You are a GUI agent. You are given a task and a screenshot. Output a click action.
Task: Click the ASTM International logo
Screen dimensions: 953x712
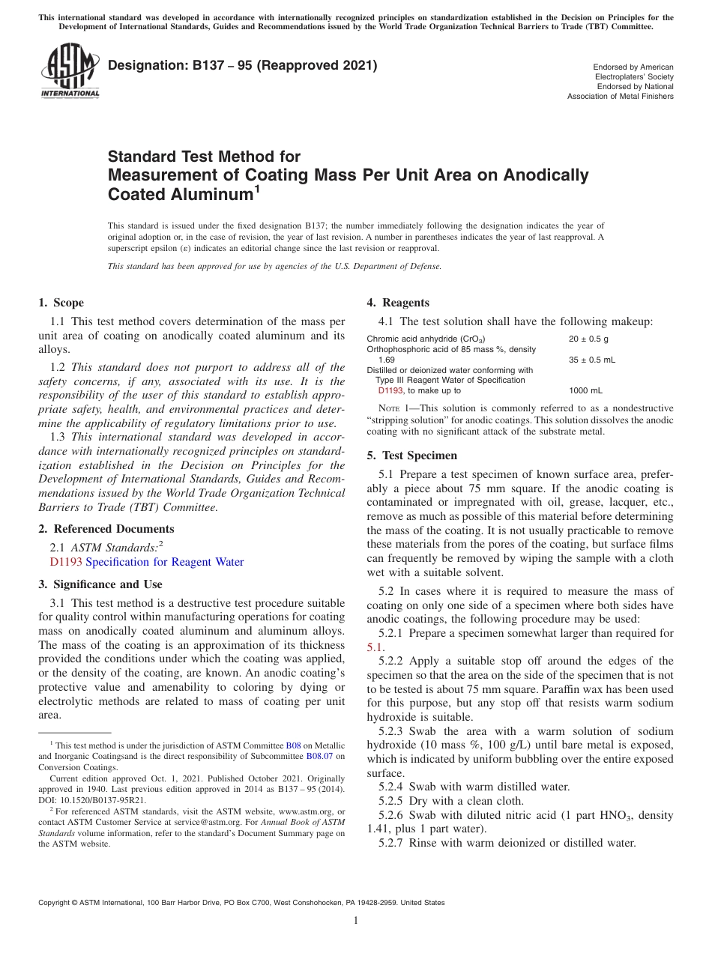70,71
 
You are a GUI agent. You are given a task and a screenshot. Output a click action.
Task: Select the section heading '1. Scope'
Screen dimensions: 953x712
61,303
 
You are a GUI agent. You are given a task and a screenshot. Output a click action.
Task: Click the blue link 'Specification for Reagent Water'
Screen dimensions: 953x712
165,562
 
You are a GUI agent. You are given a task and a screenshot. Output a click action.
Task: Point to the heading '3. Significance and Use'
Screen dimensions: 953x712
100,584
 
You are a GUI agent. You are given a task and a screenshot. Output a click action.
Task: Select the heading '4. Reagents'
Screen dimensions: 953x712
397,303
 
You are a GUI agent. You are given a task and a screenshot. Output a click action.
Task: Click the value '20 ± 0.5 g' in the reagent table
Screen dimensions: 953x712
588,339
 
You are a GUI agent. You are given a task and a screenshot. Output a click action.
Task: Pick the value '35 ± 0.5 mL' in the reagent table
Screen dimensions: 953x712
592,360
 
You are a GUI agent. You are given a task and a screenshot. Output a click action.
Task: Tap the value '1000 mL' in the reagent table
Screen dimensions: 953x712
585,390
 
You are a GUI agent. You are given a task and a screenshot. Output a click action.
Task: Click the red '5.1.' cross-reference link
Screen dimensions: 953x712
375,647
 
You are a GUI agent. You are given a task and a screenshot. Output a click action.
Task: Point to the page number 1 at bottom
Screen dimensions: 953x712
356,922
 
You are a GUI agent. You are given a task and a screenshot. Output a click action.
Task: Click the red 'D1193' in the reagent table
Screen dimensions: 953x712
390,390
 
